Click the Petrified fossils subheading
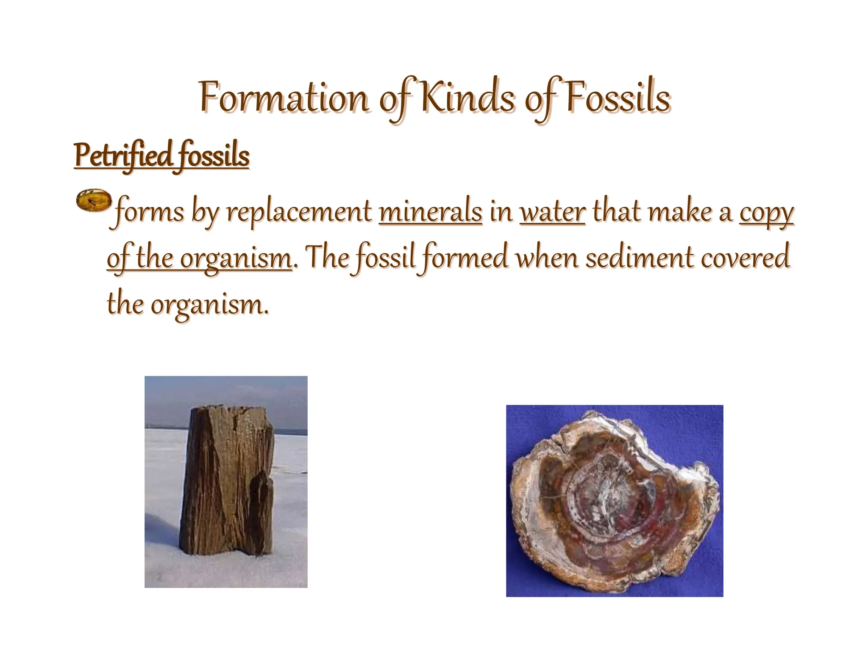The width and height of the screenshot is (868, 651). click(161, 156)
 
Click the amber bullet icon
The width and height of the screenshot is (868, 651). click(94, 201)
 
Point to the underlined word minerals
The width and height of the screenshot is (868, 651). click(431, 212)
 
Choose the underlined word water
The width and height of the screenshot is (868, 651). click(553, 212)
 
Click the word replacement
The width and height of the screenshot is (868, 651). click(299, 212)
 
